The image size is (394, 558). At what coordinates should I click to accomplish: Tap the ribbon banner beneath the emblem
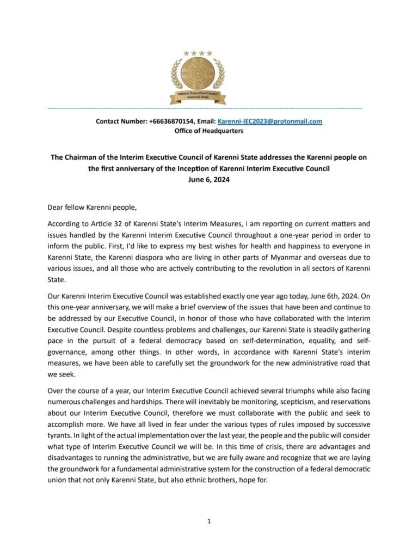click(x=197, y=97)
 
